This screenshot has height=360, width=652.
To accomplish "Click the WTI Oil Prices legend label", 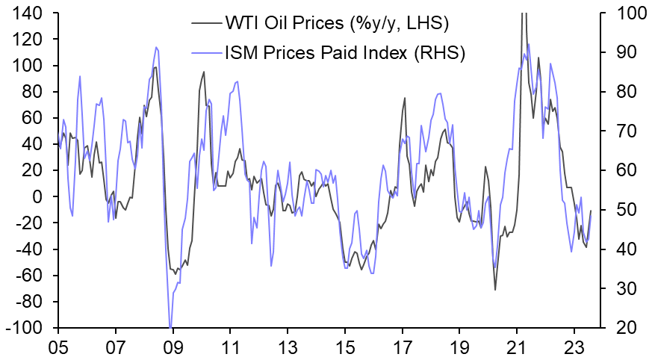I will point(336,24).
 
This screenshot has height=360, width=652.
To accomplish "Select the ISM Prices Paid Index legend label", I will point(345,53).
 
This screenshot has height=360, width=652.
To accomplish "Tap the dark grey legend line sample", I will point(205,24).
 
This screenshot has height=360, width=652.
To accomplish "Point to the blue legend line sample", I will point(205,53).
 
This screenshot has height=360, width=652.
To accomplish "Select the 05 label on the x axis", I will point(58,347).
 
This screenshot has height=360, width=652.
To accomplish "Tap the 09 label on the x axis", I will point(173,347).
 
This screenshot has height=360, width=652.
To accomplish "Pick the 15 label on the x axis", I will point(345,347).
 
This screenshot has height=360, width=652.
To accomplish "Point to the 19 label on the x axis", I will point(460,347).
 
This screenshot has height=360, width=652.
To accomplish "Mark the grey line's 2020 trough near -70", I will point(495,289).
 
